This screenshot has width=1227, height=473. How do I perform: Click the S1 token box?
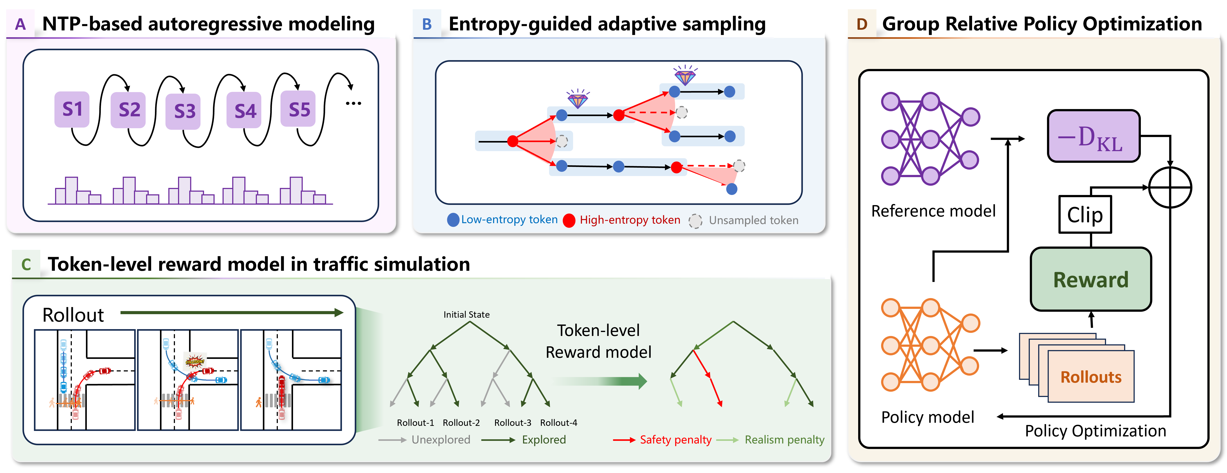point(72,109)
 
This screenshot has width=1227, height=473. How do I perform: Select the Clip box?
point(1085,215)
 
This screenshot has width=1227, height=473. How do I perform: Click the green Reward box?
point(1091,279)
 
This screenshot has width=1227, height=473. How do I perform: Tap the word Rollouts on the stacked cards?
point(1091,377)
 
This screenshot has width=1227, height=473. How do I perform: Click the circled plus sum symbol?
point(1170,187)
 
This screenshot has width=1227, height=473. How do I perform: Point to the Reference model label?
point(933,211)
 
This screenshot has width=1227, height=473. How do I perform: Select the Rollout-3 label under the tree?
point(512,423)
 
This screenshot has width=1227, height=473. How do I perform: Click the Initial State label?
point(466,314)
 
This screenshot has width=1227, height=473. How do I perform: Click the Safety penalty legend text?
point(676,440)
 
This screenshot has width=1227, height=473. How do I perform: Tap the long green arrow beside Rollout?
point(232,312)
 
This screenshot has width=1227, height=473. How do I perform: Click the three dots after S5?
point(353,103)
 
